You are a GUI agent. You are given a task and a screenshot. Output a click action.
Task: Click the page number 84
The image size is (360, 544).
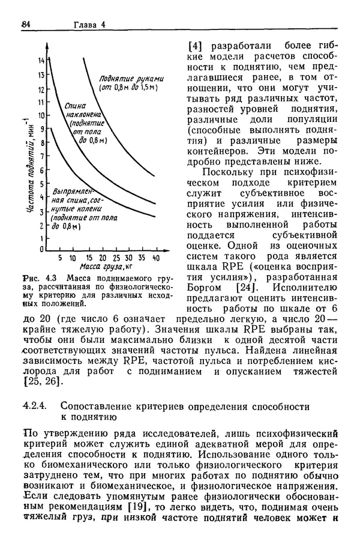click(26, 25)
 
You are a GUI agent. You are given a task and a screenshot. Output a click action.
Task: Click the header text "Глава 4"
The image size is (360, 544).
click(89, 25)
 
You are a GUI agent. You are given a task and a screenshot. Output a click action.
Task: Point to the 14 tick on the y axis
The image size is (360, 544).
click(42, 61)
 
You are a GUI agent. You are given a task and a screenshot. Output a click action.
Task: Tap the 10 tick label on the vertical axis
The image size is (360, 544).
click(42, 114)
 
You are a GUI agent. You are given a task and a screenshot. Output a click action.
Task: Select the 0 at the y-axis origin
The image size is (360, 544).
click(42, 249)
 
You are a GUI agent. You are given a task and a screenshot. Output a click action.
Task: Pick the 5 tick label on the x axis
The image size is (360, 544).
click(60, 258)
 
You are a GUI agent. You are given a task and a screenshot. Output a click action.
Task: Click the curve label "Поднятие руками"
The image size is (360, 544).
click(128, 78)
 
